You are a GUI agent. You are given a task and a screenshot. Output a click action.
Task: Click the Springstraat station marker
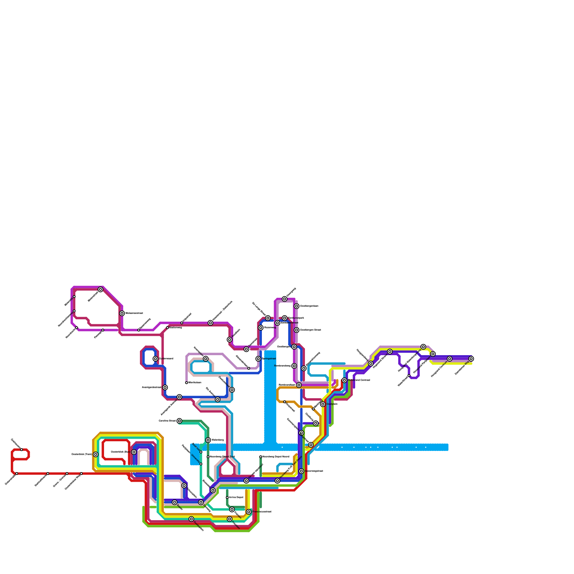[258, 359]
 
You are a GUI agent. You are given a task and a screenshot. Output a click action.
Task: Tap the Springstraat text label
[269, 359]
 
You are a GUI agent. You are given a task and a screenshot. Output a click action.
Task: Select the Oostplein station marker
[323, 404]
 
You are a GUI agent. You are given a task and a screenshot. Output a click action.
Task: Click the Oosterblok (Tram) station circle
[96, 455]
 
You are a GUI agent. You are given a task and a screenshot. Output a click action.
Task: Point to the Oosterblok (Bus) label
[121, 452]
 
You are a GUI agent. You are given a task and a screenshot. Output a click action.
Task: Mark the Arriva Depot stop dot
[227, 498]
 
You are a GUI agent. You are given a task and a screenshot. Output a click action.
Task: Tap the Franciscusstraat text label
[262, 512]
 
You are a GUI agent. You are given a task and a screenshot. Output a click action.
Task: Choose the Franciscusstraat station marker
[249, 512]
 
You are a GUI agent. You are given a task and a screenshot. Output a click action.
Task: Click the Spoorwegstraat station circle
[301, 471]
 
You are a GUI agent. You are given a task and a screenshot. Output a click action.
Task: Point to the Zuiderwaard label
[166, 359]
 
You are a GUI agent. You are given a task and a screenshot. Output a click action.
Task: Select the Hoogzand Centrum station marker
[450, 359]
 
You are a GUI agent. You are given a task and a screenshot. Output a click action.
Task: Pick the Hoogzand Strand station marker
[390, 352]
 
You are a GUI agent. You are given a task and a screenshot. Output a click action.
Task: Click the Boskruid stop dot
[201, 452]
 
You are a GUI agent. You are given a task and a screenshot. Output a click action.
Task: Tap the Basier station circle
[175, 502]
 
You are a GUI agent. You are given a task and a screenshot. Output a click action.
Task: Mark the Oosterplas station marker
[191, 519]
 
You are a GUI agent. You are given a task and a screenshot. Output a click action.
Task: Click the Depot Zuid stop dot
[208, 457]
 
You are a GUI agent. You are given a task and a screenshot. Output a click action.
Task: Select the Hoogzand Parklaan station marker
[433, 354]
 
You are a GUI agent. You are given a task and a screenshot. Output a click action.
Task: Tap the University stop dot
[201, 464]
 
